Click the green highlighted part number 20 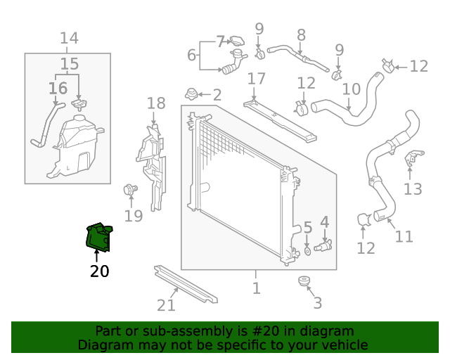click(x=97, y=236)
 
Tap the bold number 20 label click(x=100, y=271)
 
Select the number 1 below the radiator click(x=256, y=288)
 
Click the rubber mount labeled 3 click(x=304, y=283)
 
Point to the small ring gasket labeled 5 click(x=308, y=250)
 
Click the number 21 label click(x=166, y=305)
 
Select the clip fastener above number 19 click(x=129, y=188)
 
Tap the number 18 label click(x=156, y=104)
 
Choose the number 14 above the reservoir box click(x=69, y=39)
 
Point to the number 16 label click(x=58, y=88)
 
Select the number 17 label click(x=256, y=78)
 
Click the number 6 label click(x=191, y=55)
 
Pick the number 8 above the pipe click(x=301, y=34)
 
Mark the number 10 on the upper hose click(x=351, y=90)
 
